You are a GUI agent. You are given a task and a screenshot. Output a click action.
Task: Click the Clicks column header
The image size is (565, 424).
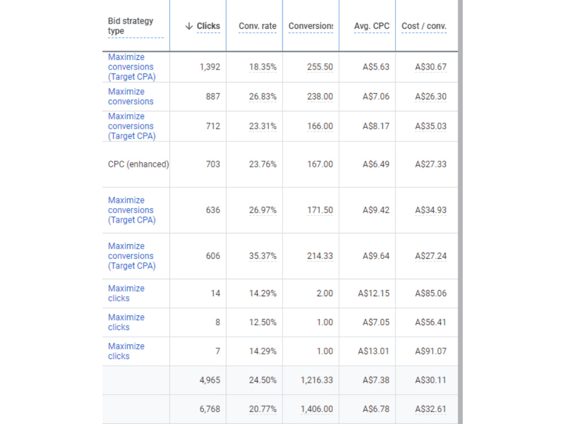(208, 26)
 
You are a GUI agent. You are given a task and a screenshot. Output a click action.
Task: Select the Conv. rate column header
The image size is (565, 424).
(257, 26)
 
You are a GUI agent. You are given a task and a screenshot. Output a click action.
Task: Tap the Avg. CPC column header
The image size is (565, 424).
(372, 26)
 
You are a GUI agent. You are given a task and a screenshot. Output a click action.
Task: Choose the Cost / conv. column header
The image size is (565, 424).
(424, 26)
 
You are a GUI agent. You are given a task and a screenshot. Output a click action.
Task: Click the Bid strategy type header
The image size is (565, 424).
(131, 25)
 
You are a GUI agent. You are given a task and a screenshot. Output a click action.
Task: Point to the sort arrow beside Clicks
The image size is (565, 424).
(189, 26)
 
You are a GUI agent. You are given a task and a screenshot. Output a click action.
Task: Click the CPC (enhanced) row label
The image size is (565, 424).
(138, 164)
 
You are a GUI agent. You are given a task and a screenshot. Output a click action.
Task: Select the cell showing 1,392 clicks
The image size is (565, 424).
(210, 67)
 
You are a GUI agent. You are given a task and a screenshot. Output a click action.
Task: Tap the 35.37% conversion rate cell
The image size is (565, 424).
(263, 256)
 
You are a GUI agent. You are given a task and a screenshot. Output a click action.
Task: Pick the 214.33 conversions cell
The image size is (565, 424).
(320, 256)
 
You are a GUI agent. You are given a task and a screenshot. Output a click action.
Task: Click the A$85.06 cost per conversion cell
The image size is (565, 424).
(431, 293)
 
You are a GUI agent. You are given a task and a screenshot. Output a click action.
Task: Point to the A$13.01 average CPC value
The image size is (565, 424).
(373, 351)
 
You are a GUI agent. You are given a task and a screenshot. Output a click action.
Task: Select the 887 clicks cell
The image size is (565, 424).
(213, 96)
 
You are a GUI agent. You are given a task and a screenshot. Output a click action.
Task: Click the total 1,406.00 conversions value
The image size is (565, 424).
(317, 409)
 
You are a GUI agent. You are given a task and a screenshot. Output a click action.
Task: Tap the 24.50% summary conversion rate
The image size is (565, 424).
(263, 380)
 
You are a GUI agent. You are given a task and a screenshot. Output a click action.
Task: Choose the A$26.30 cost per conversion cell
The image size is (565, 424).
(431, 96)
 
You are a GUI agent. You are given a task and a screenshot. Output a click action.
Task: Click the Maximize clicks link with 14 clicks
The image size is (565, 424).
(126, 293)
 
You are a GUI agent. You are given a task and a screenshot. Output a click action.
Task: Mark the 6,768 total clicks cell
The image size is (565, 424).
(210, 409)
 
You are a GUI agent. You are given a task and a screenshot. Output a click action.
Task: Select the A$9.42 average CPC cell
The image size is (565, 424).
(376, 210)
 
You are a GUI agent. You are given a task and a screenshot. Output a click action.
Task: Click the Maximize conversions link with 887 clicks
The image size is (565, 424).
(131, 96)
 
